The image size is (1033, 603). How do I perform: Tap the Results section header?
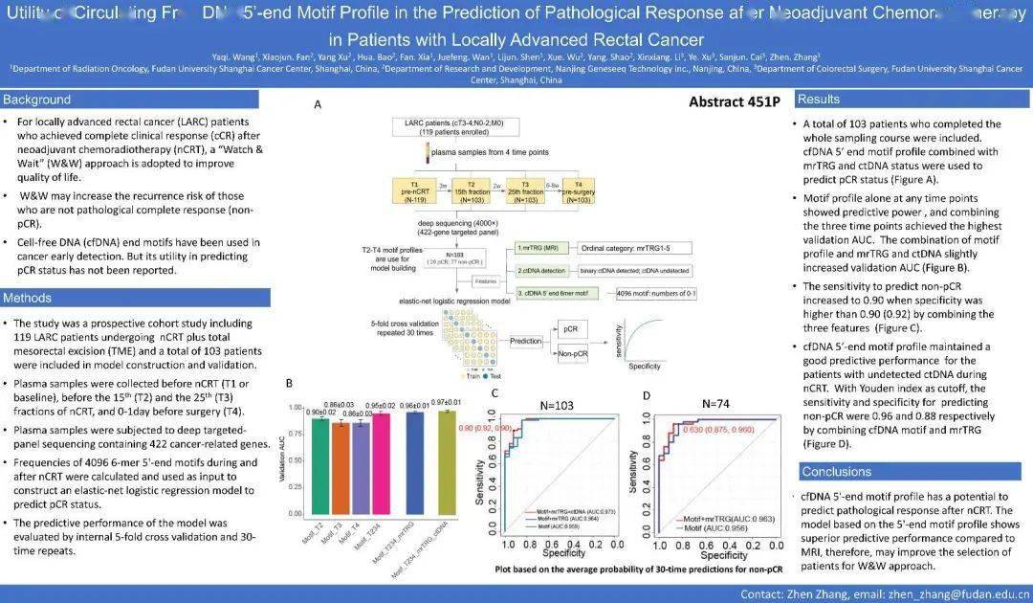(820, 100)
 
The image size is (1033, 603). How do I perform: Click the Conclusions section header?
(837, 472)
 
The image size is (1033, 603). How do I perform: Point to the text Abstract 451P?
(734, 102)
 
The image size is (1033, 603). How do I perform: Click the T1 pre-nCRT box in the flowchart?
(413, 190)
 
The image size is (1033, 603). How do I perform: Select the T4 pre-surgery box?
(577, 190)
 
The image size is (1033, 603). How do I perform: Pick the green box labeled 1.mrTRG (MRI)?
(538, 247)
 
